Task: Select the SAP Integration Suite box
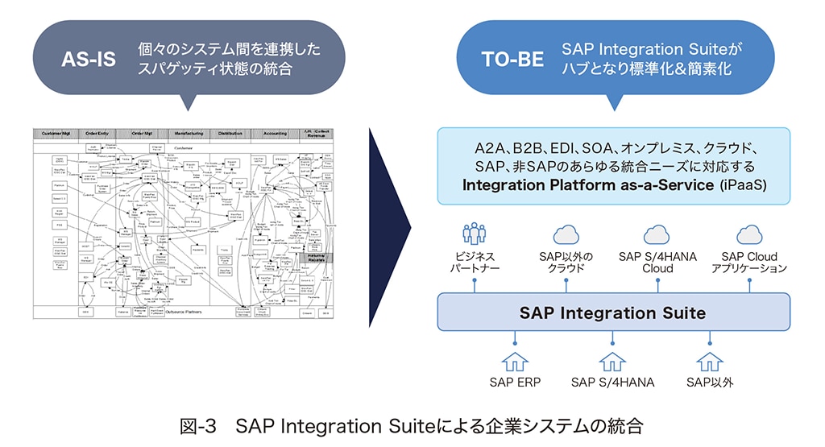(x=612, y=312)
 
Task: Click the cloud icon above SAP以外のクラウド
(x=566, y=235)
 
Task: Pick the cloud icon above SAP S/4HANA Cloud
(x=657, y=235)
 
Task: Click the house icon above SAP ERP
(x=514, y=361)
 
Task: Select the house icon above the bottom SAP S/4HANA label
(x=612, y=361)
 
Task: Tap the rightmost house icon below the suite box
(x=710, y=361)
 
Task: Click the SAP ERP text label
(x=514, y=382)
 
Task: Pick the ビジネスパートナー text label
(x=474, y=263)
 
